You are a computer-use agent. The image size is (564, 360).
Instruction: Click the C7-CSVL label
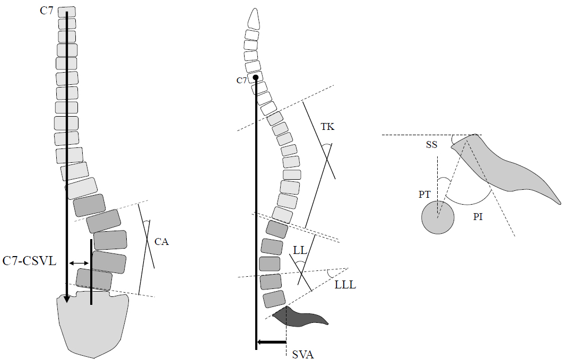point(30,261)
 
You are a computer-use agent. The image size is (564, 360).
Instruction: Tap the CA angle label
point(161,242)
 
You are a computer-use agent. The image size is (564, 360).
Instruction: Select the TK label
point(328,127)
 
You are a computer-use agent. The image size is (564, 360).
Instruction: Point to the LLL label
point(345,285)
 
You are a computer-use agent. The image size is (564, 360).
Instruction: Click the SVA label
point(303,355)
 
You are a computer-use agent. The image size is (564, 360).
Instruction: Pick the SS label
point(432,144)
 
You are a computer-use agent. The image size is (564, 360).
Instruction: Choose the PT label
point(424,195)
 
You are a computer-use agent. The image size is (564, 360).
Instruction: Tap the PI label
point(478,217)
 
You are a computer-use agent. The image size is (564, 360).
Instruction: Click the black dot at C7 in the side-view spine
point(255,77)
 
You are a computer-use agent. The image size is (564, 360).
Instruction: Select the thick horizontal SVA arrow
point(272,342)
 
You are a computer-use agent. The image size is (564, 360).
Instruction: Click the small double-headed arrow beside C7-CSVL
point(79,264)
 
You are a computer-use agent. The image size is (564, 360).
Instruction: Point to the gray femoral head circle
point(438,217)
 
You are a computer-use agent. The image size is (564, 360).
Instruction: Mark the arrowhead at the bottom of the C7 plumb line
point(66,299)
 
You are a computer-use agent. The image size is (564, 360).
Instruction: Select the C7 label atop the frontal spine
point(46,11)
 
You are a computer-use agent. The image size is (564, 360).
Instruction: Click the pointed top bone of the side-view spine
point(254,19)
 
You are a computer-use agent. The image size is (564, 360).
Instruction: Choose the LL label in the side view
point(300,250)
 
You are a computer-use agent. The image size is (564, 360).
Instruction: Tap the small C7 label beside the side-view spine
point(242,81)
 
